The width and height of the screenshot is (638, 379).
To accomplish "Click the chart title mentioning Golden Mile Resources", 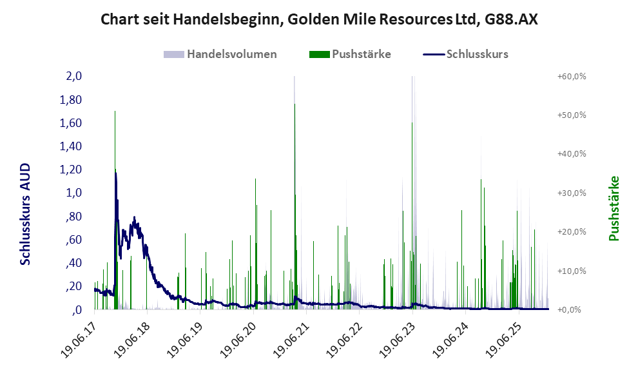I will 319,20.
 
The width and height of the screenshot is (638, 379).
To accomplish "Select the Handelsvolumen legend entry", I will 231,54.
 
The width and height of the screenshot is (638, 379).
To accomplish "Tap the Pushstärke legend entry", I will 362,54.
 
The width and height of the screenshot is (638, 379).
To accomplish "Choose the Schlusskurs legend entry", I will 477,54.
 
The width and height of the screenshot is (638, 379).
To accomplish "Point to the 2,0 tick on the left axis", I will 73,76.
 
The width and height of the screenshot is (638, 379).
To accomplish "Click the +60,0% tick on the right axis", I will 571,76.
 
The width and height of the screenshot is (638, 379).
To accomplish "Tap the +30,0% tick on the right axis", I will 571,193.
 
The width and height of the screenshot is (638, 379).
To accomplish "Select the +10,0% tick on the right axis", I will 571,271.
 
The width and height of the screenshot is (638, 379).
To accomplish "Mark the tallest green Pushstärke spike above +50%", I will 115,112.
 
